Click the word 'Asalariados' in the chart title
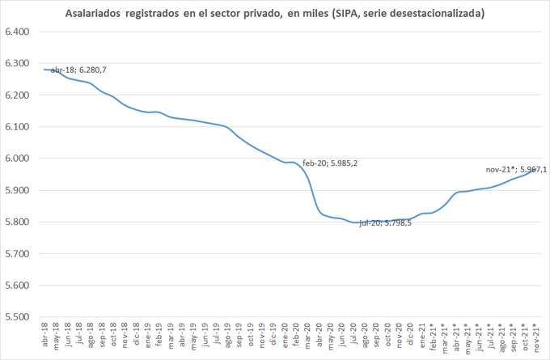pyautogui.click(x=94, y=15)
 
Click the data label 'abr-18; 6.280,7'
pyautogui.click(x=78, y=70)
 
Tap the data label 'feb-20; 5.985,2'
pyautogui.click(x=330, y=163)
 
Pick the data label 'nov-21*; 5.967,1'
pyautogui.click(x=516, y=169)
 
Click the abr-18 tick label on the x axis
pyautogui.click(x=44, y=336)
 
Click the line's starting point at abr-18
pyautogui.click(x=44, y=70)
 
